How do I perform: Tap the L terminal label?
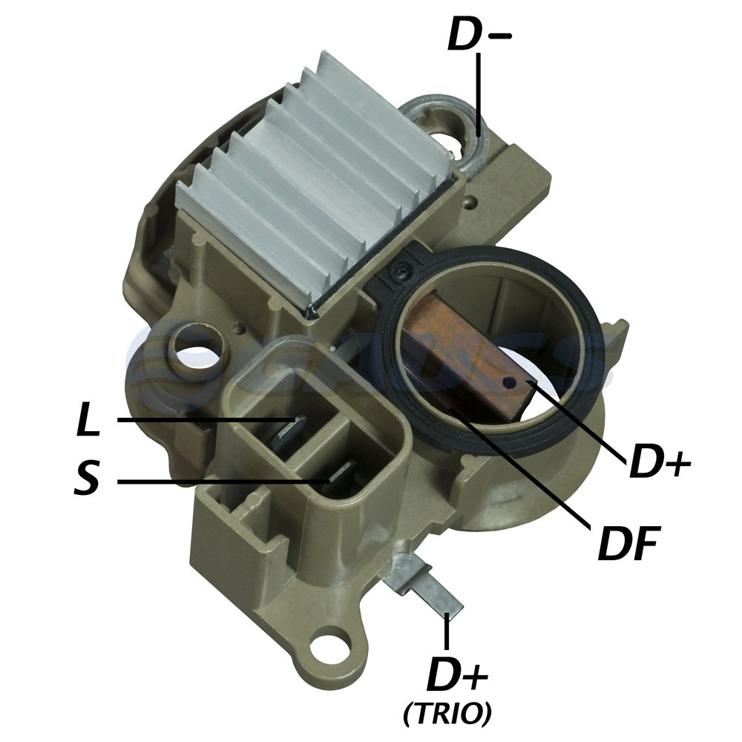[88, 418]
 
